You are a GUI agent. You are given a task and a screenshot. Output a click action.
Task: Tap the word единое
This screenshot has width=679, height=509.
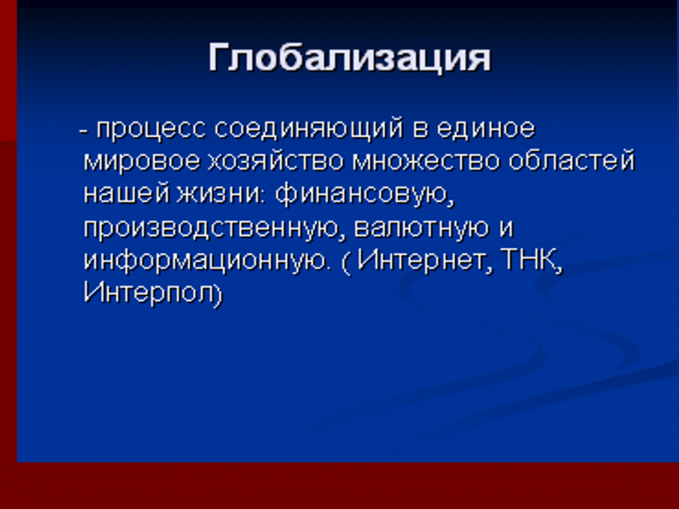(x=486, y=129)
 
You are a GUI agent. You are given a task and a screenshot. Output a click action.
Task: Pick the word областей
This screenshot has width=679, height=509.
(x=572, y=161)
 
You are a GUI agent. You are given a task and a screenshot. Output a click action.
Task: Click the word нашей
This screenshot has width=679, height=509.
(x=126, y=194)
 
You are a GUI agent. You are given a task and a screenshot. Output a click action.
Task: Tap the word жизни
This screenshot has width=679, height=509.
(x=220, y=194)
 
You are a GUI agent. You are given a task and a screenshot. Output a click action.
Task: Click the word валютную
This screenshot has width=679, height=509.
(x=422, y=228)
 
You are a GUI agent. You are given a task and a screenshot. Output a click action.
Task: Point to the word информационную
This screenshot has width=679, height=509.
(x=205, y=261)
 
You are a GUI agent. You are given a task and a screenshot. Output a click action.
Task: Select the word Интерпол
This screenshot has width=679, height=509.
(x=147, y=293)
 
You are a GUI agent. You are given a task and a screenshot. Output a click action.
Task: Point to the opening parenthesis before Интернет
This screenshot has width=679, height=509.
(x=346, y=262)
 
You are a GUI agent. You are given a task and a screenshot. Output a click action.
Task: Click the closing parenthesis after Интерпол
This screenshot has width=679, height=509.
(x=217, y=294)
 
